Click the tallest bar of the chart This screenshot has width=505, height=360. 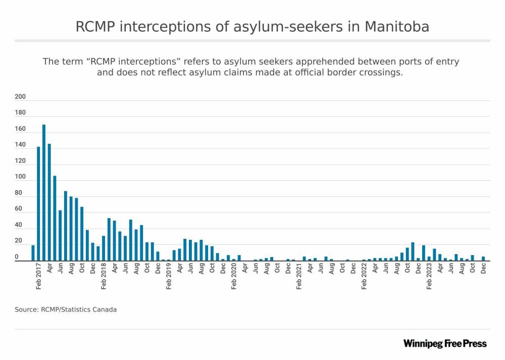coord(44,192)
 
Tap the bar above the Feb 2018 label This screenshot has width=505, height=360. coord(104,248)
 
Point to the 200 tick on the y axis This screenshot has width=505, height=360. coord(20,97)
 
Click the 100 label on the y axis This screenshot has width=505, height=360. coord(20,177)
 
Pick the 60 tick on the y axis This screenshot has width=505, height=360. coord(18,209)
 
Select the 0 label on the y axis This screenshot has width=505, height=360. coord(17,257)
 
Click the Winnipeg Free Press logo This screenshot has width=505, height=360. coord(445,344)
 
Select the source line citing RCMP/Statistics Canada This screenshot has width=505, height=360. coord(66,310)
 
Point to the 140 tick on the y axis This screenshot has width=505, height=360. coord(20,145)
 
